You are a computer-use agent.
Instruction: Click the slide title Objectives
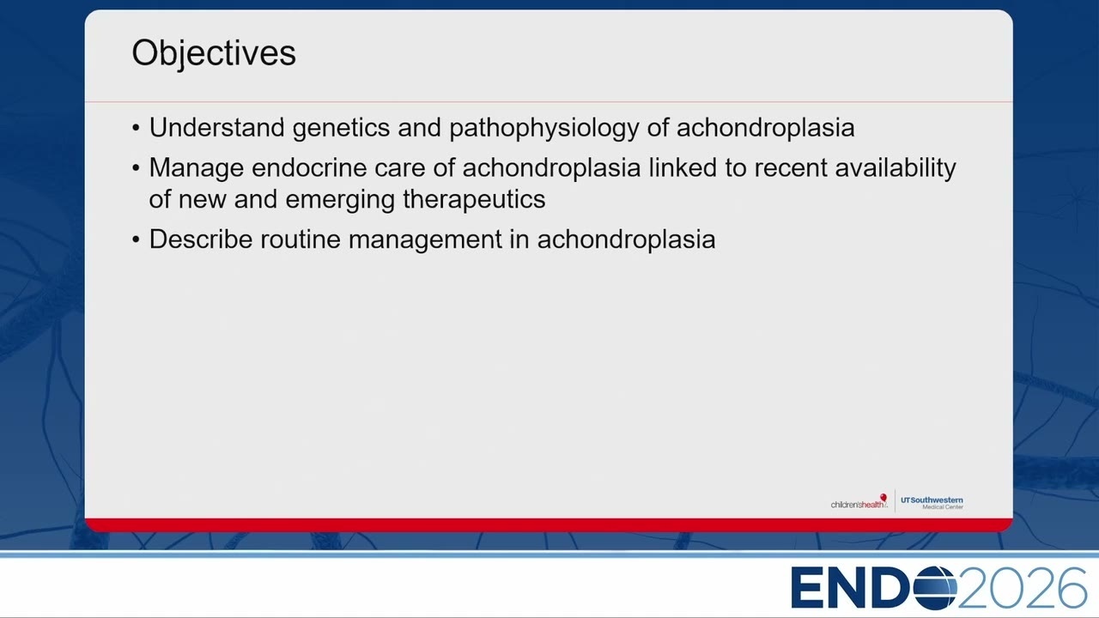214,53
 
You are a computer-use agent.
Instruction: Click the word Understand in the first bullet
217,128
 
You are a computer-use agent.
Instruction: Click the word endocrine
313,167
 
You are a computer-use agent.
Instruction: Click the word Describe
201,239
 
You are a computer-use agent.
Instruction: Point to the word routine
301,239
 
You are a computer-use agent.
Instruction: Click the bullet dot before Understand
136,129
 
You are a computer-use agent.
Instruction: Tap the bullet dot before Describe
136,240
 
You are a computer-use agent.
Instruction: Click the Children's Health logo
859,502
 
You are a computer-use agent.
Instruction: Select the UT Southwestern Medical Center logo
932,503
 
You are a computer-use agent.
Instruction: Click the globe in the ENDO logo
934,587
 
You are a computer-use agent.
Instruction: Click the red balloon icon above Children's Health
883,497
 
